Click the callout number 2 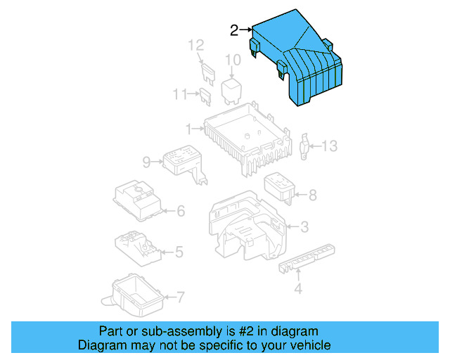coord(234,30)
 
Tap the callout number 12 coord(195,46)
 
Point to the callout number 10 coord(233,61)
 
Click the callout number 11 coord(181,94)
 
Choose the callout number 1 coord(189,129)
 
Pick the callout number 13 coord(330,146)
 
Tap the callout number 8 coord(312,195)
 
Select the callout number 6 coord(180,210)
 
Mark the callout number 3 coord(304,226)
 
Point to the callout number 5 coord(179,251)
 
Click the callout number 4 coord(297,288)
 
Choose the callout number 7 coord(180,297)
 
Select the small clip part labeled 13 coord(306,146)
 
